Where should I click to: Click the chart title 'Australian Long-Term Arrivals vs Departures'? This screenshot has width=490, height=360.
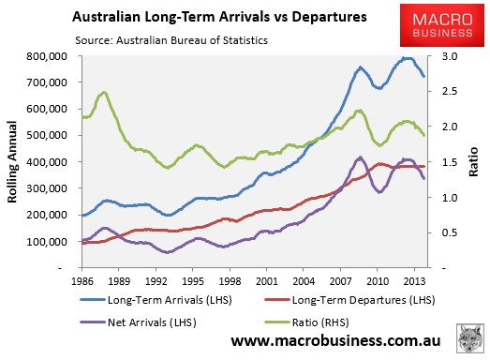(x=219, y=17)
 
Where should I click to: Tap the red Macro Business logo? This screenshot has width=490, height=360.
(x=442, y=25)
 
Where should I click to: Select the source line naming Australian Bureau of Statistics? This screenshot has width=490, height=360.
(x=171, y=40)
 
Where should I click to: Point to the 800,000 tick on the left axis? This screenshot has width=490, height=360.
(x=52, y=56)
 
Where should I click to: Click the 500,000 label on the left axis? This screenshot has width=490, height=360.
(x=52, y=135)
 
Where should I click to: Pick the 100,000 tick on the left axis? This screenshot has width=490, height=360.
(x=52, y=242)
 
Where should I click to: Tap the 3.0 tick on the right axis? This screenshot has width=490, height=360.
(x=450, y=56)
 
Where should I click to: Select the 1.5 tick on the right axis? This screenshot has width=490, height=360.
(x=450, y=162)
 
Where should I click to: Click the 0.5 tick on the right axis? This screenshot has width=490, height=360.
(x=450, y=232)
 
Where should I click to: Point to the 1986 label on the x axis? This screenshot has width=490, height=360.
(x=82, y=281)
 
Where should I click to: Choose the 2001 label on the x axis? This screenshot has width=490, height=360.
(x=267, y=281)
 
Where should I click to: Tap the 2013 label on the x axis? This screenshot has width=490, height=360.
(x=414, y=281)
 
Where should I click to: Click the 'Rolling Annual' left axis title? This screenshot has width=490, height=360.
(x=12, y=162)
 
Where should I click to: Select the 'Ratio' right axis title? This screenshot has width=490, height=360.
(x=473, y=161)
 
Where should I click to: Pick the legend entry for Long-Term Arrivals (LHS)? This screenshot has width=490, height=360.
(x=156, y=300)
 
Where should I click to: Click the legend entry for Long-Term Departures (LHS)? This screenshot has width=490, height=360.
(x=349, y=300)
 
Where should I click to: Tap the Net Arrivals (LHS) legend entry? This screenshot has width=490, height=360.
(x=139, y=322)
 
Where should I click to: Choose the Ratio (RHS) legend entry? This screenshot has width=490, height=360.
(x=307, y=322)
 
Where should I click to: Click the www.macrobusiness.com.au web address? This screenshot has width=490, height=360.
(x=336, y=340)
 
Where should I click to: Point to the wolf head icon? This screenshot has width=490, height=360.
(x=470, y=339)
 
